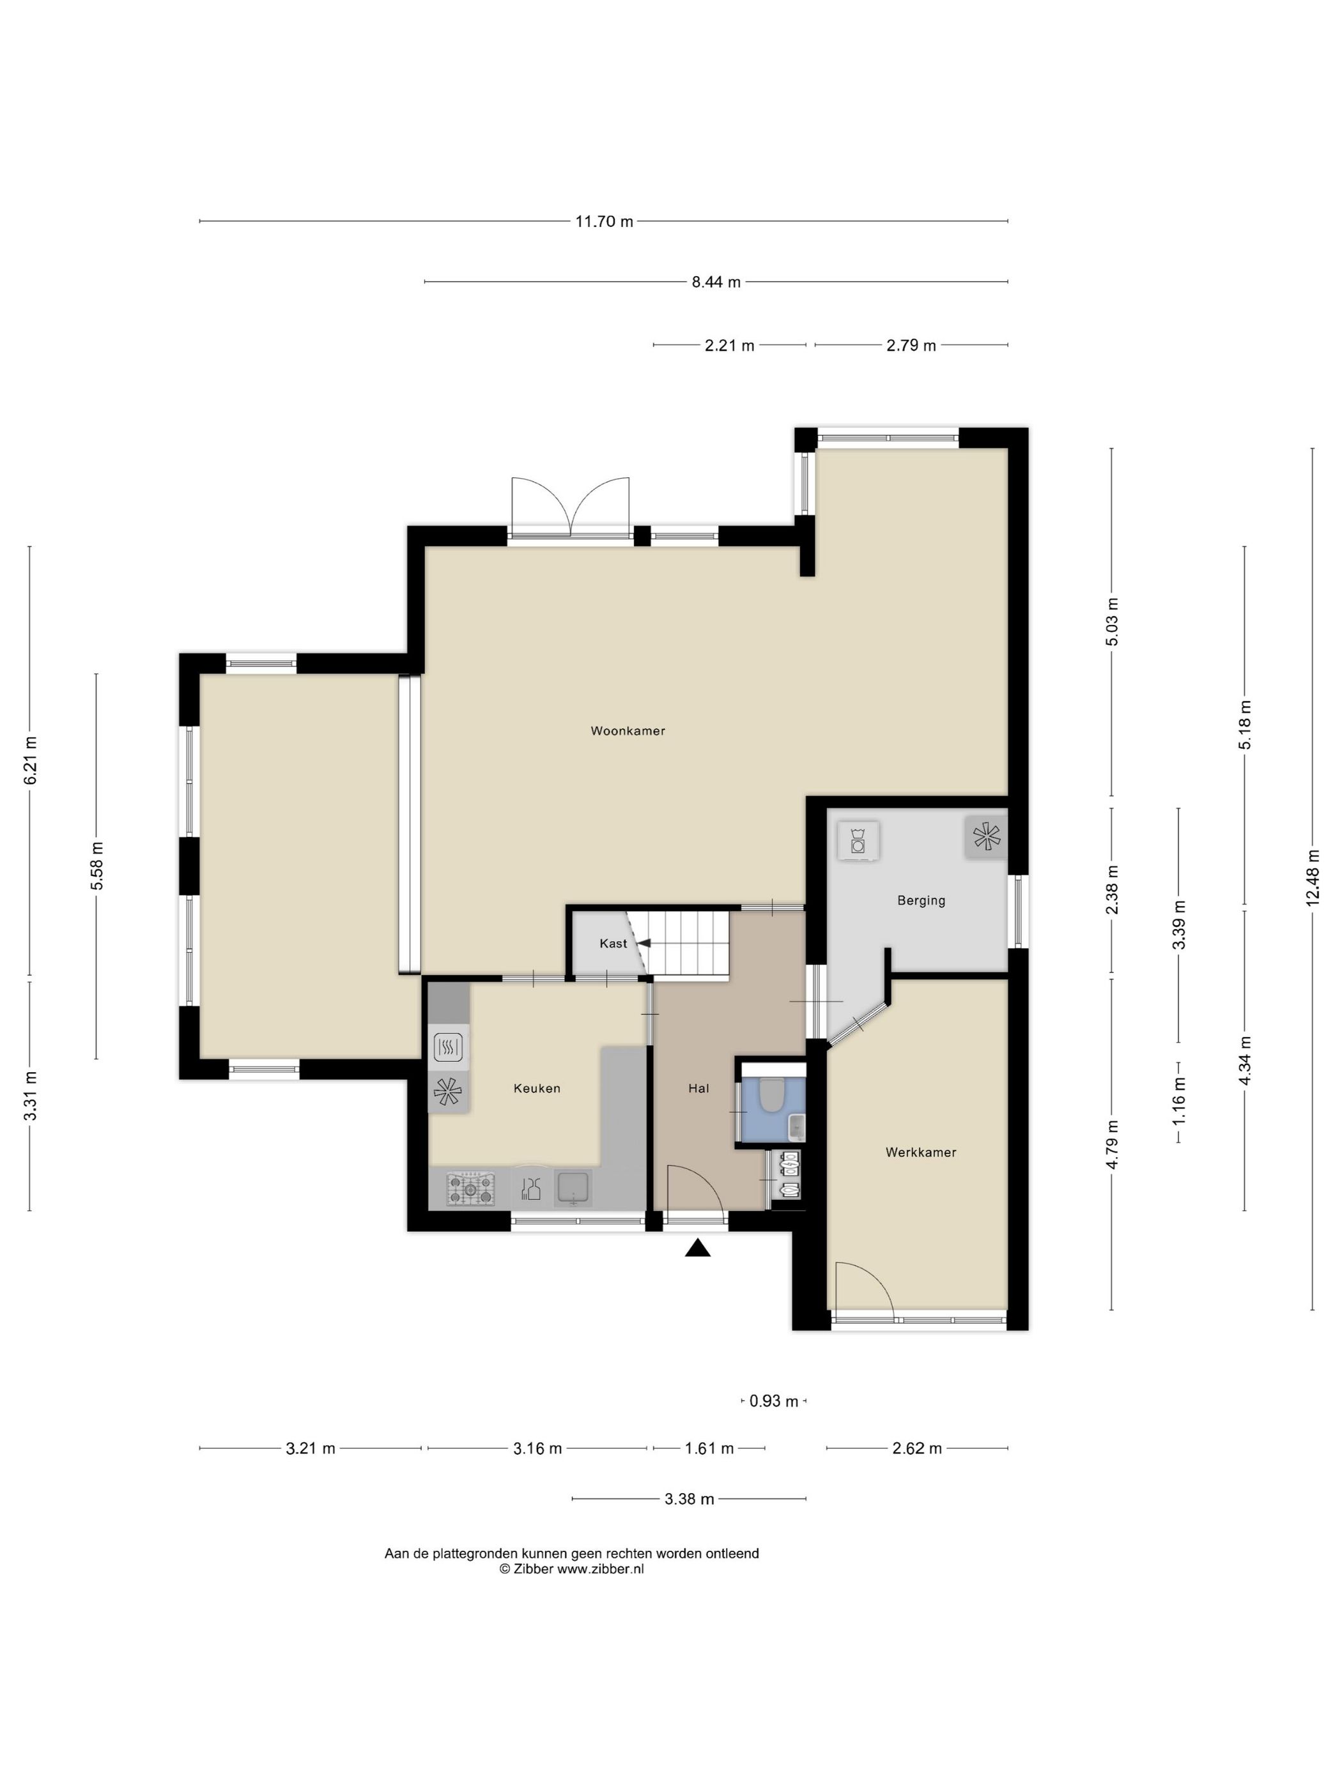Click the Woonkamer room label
[x=628, y=731]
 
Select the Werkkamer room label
[x=921, y=1153]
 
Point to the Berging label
[x=921, y=901]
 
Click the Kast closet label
[x=612, y=944]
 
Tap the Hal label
[x=699, y=1089]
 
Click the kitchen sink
[x=573, y=1188]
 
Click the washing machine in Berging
[x=858, y=840]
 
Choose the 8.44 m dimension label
[x=716, y=282]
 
